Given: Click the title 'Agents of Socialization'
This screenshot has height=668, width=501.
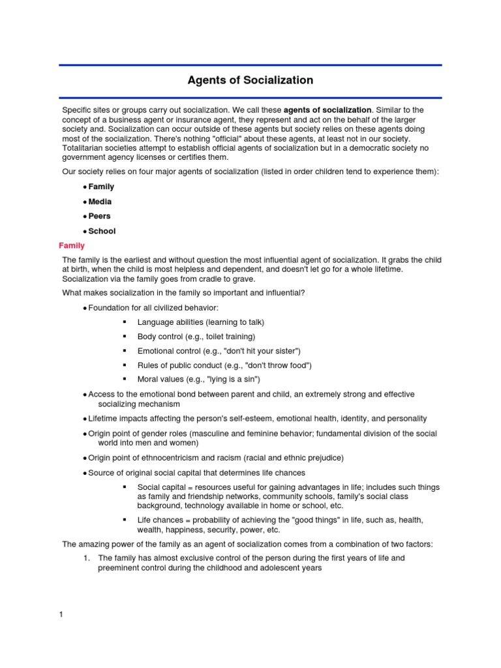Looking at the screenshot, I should click(x=250, y=81).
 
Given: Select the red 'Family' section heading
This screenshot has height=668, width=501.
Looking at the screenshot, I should click(x=72, y=246).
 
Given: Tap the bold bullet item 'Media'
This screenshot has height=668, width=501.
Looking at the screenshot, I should click(x=100, y=202).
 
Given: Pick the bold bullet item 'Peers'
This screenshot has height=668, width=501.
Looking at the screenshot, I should click(x=99, y=216).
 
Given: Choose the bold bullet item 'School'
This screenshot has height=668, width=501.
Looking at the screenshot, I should click(x=102, y=231).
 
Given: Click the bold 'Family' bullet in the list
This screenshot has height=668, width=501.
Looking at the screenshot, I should click(x=101, y=187).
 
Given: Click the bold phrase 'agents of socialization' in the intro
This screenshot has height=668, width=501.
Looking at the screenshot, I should click(x=327, y=110).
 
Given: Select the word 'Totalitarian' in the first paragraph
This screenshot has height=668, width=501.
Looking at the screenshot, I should click(x=83, y=148).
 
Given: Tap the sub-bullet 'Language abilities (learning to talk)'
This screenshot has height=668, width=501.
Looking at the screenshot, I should click(x=200, y=322).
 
